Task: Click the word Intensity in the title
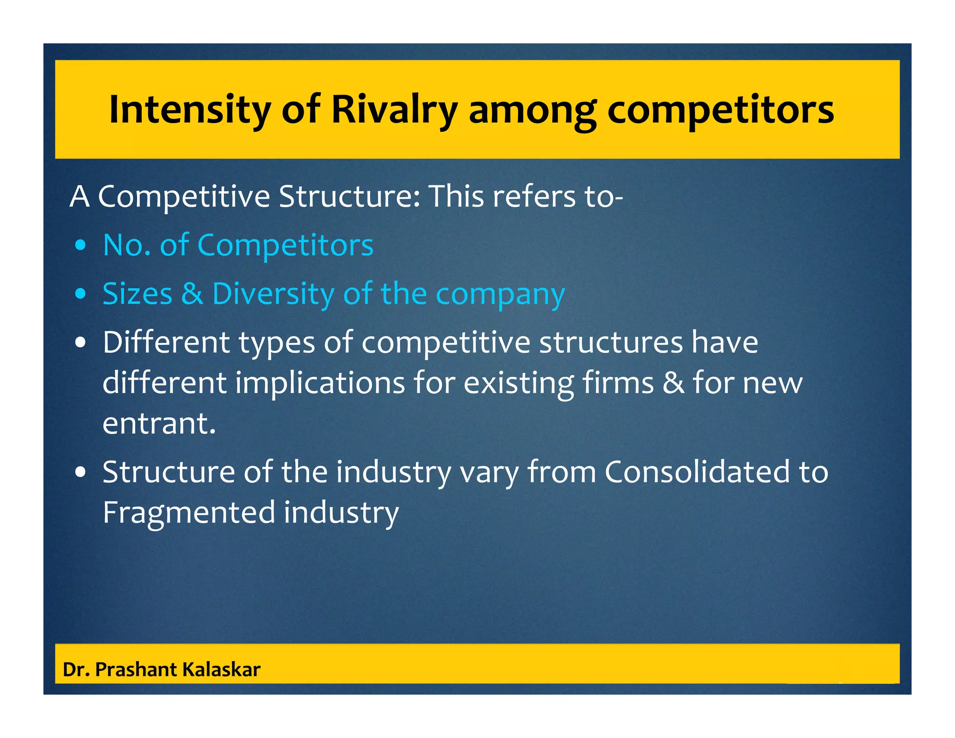tap(189, 110)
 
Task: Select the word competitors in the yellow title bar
tap(720, 111)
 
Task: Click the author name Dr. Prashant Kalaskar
tap(161, 669)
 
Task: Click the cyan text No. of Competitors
tap(238, 245)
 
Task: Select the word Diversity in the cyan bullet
tap(273, 294)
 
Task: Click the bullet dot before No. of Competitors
tap(81, 246)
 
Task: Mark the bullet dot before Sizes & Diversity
tap(81, 294)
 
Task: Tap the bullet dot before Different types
tap(81, 343)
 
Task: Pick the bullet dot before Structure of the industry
tap(81, 473)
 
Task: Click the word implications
tap(320, 383)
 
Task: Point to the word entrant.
tap(159, 424)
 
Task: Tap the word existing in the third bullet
tap(519, 383)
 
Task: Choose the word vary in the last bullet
tap(489, 473)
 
